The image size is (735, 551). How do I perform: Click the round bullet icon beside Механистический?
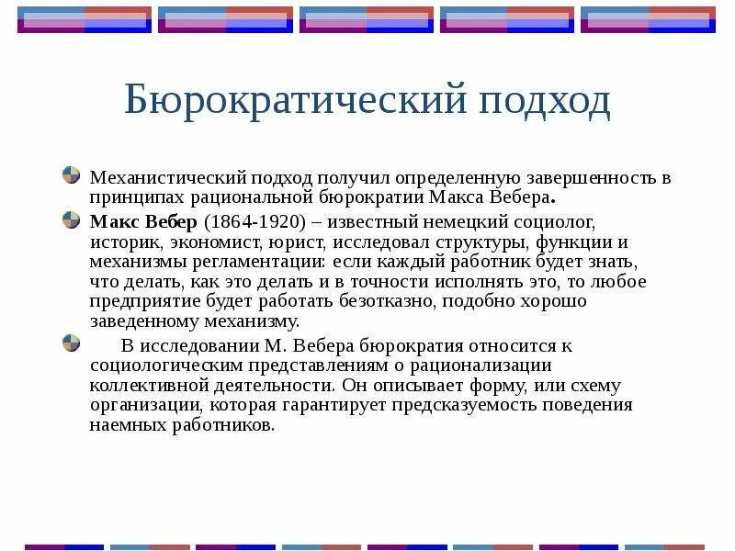71,174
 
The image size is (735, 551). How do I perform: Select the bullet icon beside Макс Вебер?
71,220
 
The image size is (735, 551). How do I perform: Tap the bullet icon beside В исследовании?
71,344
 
